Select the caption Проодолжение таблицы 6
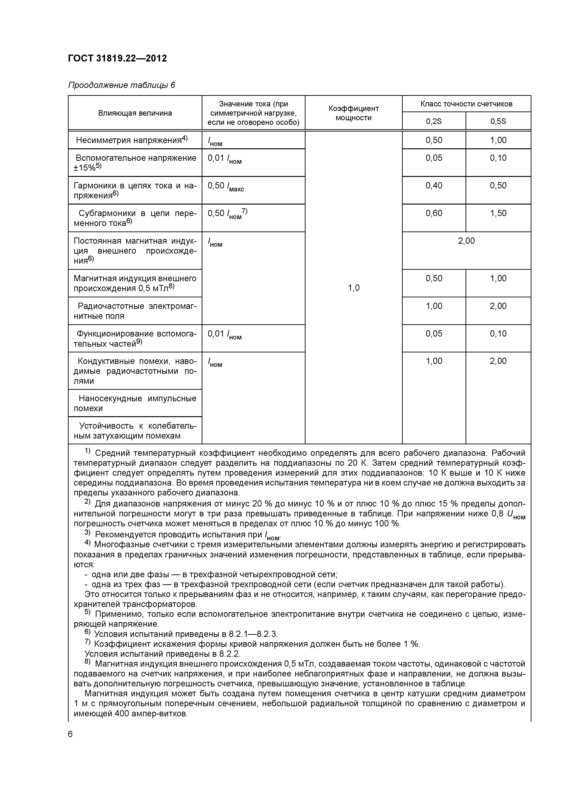(121, 85)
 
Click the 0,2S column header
(434, 121)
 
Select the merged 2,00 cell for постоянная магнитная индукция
(466, 241)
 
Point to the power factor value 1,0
(354, 288)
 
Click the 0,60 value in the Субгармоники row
(434, 213)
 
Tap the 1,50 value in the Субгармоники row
(498, 213)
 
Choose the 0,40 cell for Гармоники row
(434, 185)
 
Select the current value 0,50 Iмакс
(225, 186)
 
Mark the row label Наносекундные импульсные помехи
(135, 403)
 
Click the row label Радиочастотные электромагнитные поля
(135, 311)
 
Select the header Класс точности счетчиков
(466, 104)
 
